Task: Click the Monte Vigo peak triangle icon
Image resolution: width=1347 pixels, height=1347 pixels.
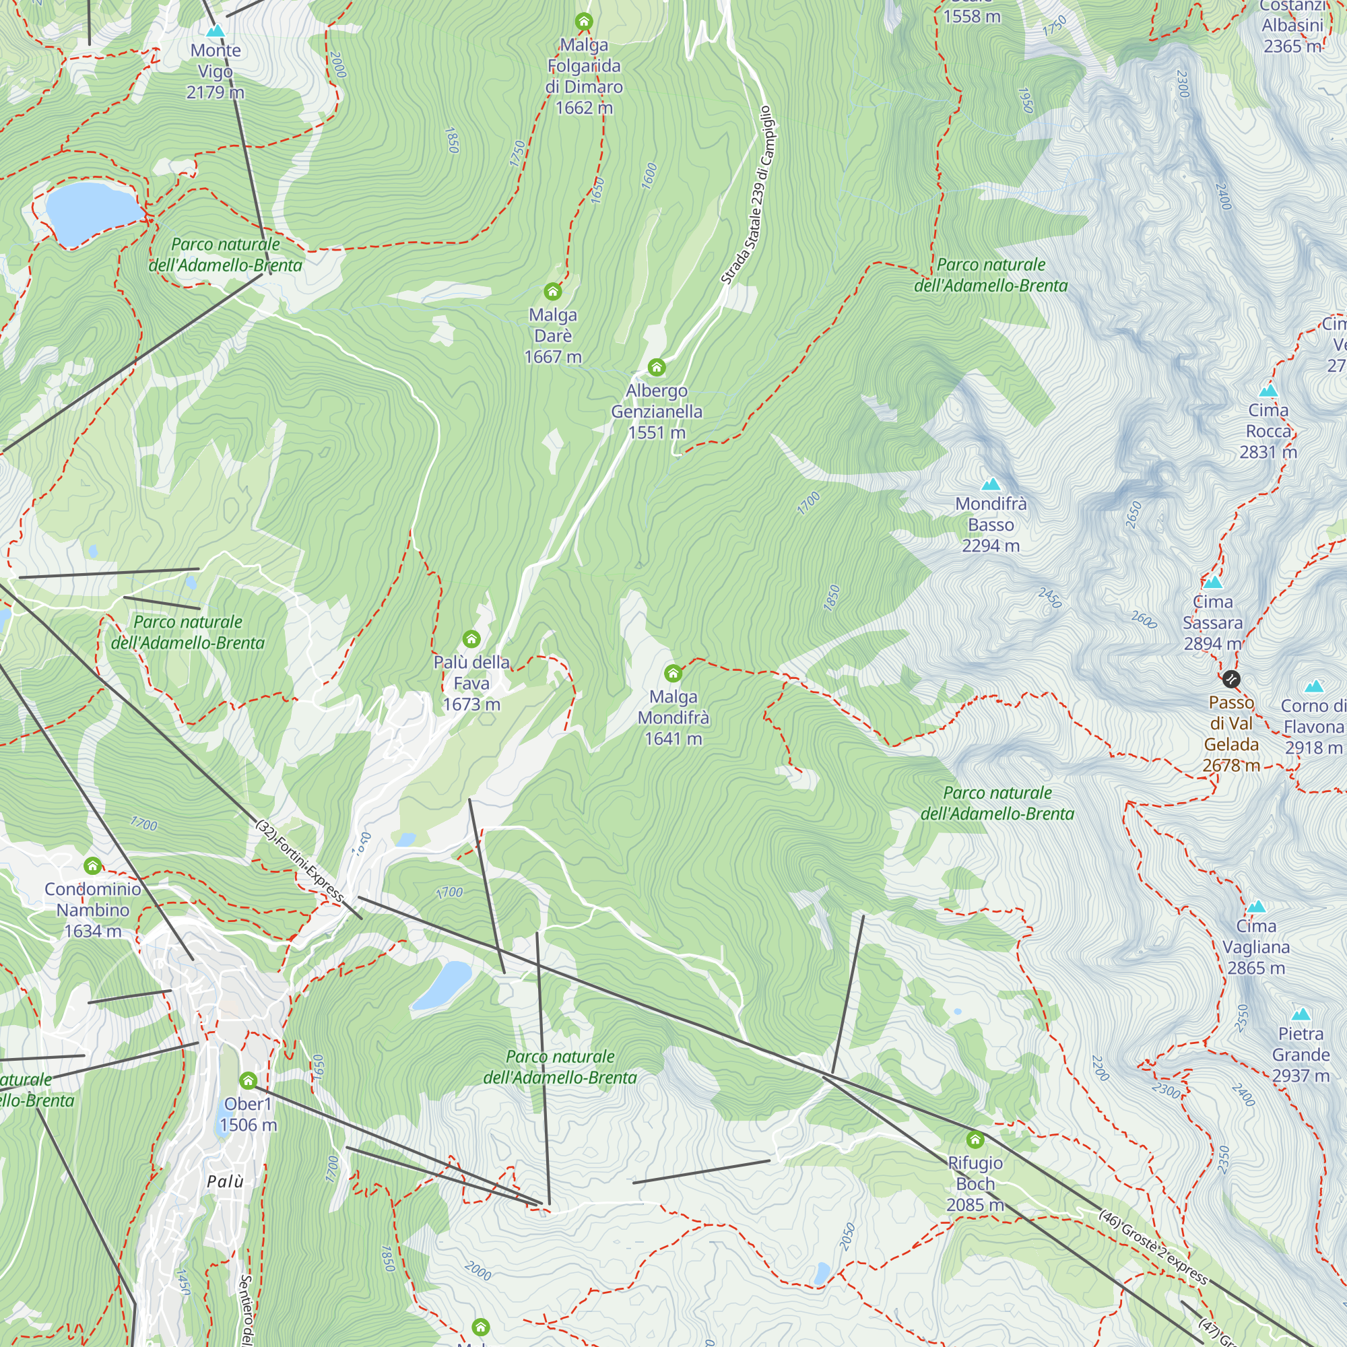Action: pyautogui.click(x=216, y=32)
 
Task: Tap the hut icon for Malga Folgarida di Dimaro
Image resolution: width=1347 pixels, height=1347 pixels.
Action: pyautogui.click(x=583, y=22)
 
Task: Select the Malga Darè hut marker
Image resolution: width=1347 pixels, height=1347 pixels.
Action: pyautogui.click(x=552, y=291)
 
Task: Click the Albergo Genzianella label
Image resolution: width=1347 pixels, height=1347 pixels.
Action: pyautogui.click(x=656, y=412)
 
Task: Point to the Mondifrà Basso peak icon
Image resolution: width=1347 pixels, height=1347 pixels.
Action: pyautogui.click(x=991, y=484)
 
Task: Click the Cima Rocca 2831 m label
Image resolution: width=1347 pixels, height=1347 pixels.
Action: pyautogui.click(x=1268, y=431)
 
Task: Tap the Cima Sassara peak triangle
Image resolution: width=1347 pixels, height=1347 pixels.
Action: pyautogui.click(x=1212, y=581)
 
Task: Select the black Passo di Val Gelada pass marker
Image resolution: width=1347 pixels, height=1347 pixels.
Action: pyautogui.click(x=1231, y=678)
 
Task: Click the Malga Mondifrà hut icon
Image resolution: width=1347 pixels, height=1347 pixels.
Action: pyautogui.click(x=673, y=673)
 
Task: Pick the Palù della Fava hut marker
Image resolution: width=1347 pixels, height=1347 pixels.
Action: pyautogui.click(x=471, y=638)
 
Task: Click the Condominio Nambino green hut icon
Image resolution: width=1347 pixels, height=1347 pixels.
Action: pyautogui.click(x=93, y=866)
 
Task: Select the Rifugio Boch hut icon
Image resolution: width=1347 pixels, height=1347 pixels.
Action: pyautogui.click(x=975, y=1140)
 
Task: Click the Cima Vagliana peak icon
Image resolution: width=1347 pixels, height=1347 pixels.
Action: pyautogui.click(x=1255, y=907)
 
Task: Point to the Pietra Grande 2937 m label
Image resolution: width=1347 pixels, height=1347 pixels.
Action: pyautogui.click(x=1301, y=1054)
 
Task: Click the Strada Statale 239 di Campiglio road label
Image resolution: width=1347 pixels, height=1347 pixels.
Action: pyautogui.click(x=748, y=195)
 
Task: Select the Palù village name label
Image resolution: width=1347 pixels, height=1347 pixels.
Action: pyautogui.click(x=225, y=1181)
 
